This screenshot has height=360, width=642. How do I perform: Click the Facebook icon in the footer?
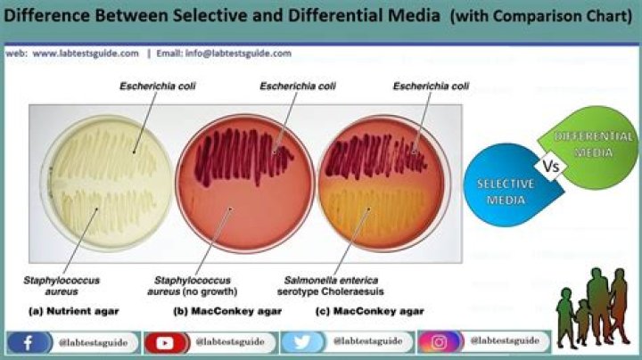pyautogui.click(x=29, y=343)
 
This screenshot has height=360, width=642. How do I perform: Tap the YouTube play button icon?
pyautogui.click(x=165, y=343)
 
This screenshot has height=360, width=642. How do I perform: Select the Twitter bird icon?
pyautogui.click(x=302, y=342)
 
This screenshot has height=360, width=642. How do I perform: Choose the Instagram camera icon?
pyautogui.click(x=440, y=341)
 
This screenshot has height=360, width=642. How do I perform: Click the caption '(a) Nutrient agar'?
pyautogui.click(x=74, y=311)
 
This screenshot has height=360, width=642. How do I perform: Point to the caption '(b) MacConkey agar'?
pyautogui.click(x=227, y=311)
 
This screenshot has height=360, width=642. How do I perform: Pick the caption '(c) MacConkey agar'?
pyautogui.click(x=370, y=311)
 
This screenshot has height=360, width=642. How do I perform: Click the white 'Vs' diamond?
pyautogui.click(x=551, y=167)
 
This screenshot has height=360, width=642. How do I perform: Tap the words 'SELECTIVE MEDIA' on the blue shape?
pyautogui.click(x=506, y=192)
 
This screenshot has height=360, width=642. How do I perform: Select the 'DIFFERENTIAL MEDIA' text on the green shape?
pyautogui.click(x=593, y=144)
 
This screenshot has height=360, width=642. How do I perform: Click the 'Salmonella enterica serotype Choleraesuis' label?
pyautogui.click(x=331, y=286)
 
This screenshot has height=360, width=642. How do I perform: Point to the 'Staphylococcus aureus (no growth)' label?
pyautogui.click(x=193, y=286)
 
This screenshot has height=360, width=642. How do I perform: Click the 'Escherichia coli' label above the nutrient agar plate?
pyautogui.click(x=158, y=86)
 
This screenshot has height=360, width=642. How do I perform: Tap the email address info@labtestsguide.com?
pyautogui.click(x=238, y=53)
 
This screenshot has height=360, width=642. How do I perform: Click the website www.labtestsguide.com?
pyautogui.click(x=86, y=53)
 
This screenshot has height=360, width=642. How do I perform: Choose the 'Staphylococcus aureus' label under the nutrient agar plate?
pyautogui.click(x=62, y=286)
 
